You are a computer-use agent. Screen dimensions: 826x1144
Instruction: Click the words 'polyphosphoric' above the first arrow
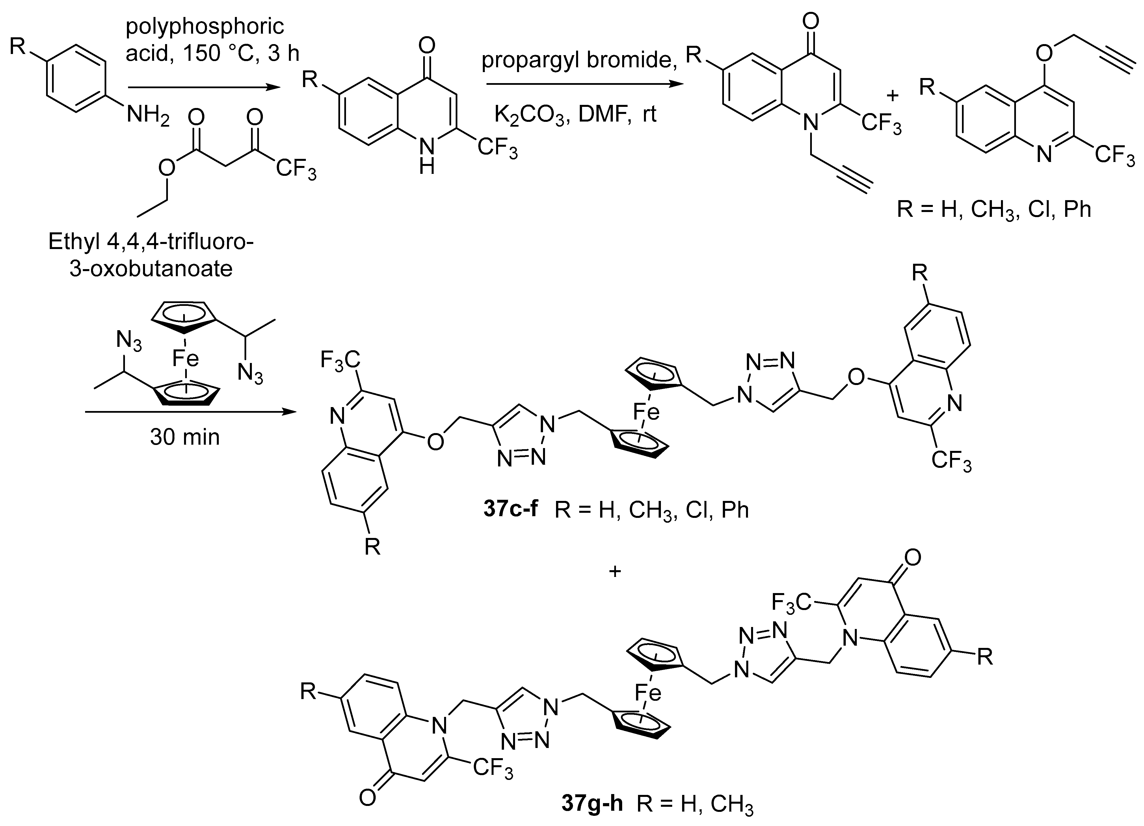(205, 26)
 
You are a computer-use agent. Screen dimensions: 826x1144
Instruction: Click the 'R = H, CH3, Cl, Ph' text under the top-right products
(994, 209)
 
